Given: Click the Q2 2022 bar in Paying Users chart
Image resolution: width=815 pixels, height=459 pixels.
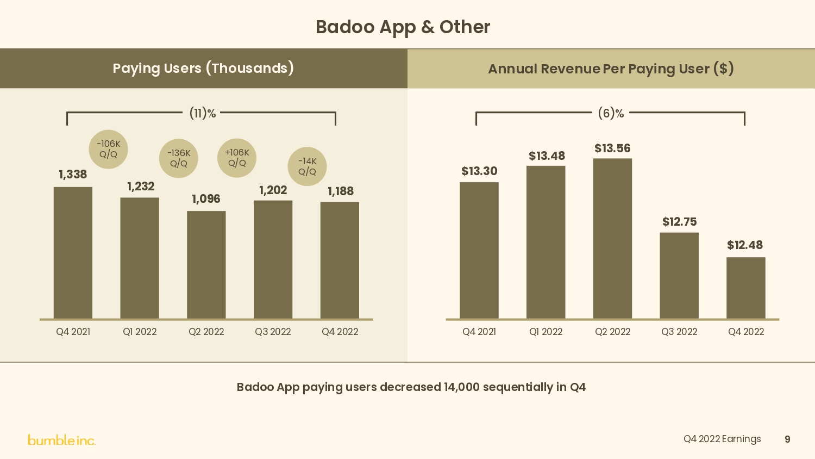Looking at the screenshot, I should tap(206, 265).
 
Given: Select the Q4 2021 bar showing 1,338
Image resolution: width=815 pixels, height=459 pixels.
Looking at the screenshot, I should tap(73, 253).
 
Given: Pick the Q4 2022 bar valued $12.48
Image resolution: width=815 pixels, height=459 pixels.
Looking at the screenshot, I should tap(745, 288).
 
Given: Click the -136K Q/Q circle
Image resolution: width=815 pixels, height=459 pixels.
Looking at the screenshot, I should tap(179, 158).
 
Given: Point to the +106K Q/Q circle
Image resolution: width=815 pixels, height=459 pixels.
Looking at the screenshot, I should tap(237, 158).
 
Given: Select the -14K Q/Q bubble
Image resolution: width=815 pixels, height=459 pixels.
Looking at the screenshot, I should tap(307, 166).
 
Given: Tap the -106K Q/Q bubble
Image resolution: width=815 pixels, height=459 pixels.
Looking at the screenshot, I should tap(109, 149).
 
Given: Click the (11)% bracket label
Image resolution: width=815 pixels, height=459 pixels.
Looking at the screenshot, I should tap(202, 113).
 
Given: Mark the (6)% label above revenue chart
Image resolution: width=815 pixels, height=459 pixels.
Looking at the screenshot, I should tap(611, 113).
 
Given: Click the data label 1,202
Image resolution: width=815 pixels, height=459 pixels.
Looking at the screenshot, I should tap(273, 190).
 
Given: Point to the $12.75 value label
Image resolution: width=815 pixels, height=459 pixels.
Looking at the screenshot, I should tap(679, 222).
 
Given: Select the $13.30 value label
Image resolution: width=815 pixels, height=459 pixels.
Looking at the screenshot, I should tap(479, 171).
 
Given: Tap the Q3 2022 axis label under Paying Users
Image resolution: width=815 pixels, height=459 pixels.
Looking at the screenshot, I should tap(273, 332).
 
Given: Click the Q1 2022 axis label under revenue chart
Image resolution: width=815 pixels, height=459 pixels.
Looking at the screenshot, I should tap(546, 332).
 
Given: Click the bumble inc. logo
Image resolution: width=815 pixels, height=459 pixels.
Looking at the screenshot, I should tap(62, 440).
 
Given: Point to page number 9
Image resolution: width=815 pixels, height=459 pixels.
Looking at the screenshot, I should tap(787, 439).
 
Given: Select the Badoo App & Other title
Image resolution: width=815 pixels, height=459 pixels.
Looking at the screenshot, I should tap(403, 27).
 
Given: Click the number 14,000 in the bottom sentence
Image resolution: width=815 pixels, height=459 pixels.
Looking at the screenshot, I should tap(461, 387).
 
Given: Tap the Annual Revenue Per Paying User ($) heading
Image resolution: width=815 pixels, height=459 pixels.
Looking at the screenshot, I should tap(611, 69).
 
